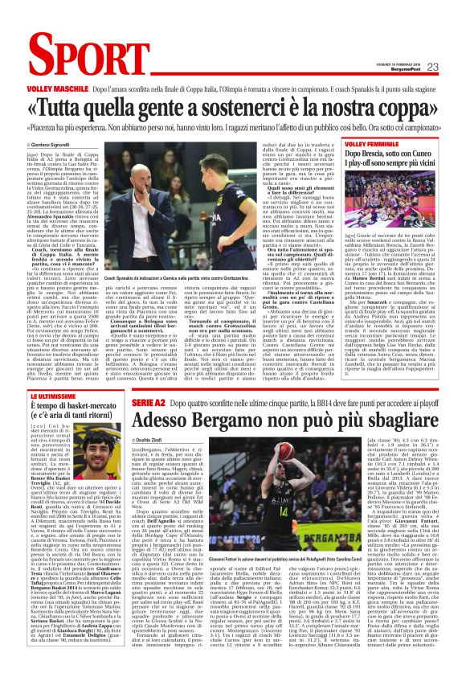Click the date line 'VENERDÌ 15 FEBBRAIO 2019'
[403, 64]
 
